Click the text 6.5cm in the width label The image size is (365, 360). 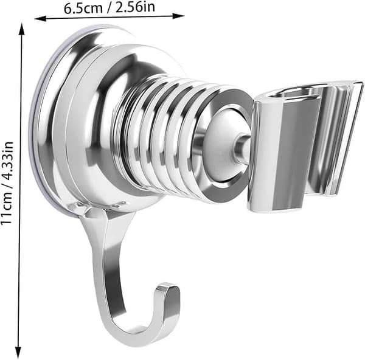tap(83, 9)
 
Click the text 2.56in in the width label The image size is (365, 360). tap(135, 7)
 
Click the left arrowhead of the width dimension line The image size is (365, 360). tap(40, 19)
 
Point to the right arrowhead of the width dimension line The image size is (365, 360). tap(178, 16)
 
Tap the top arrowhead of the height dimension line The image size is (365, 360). tap(22, 29)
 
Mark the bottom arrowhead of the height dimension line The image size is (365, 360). tap(18, 353)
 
